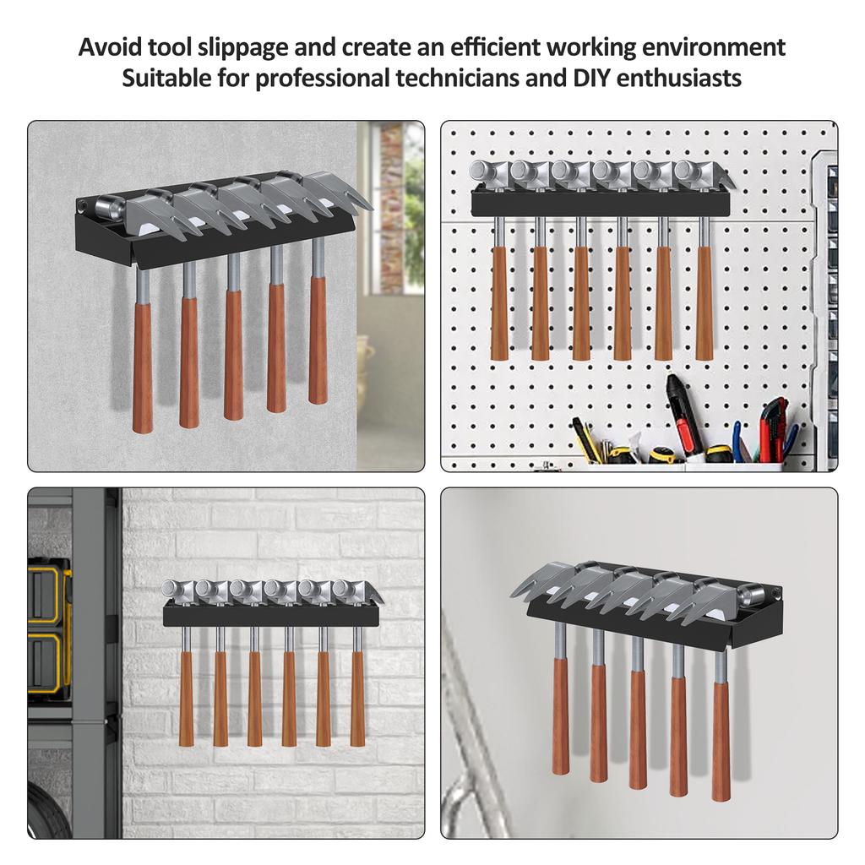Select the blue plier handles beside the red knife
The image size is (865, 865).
click(739, 443)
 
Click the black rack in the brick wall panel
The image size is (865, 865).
click(270, 615)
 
